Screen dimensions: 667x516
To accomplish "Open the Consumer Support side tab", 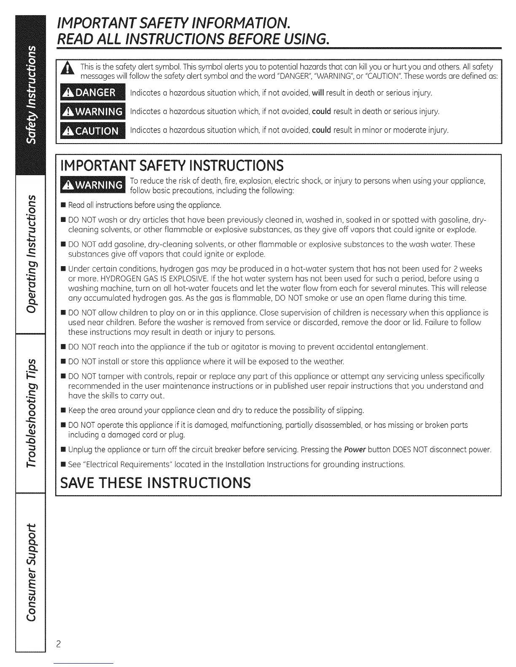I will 30,572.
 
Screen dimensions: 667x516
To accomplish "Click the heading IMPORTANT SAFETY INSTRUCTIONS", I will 172,165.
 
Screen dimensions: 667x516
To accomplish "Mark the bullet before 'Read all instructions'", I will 63,205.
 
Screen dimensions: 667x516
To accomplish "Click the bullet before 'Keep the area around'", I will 63,410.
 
